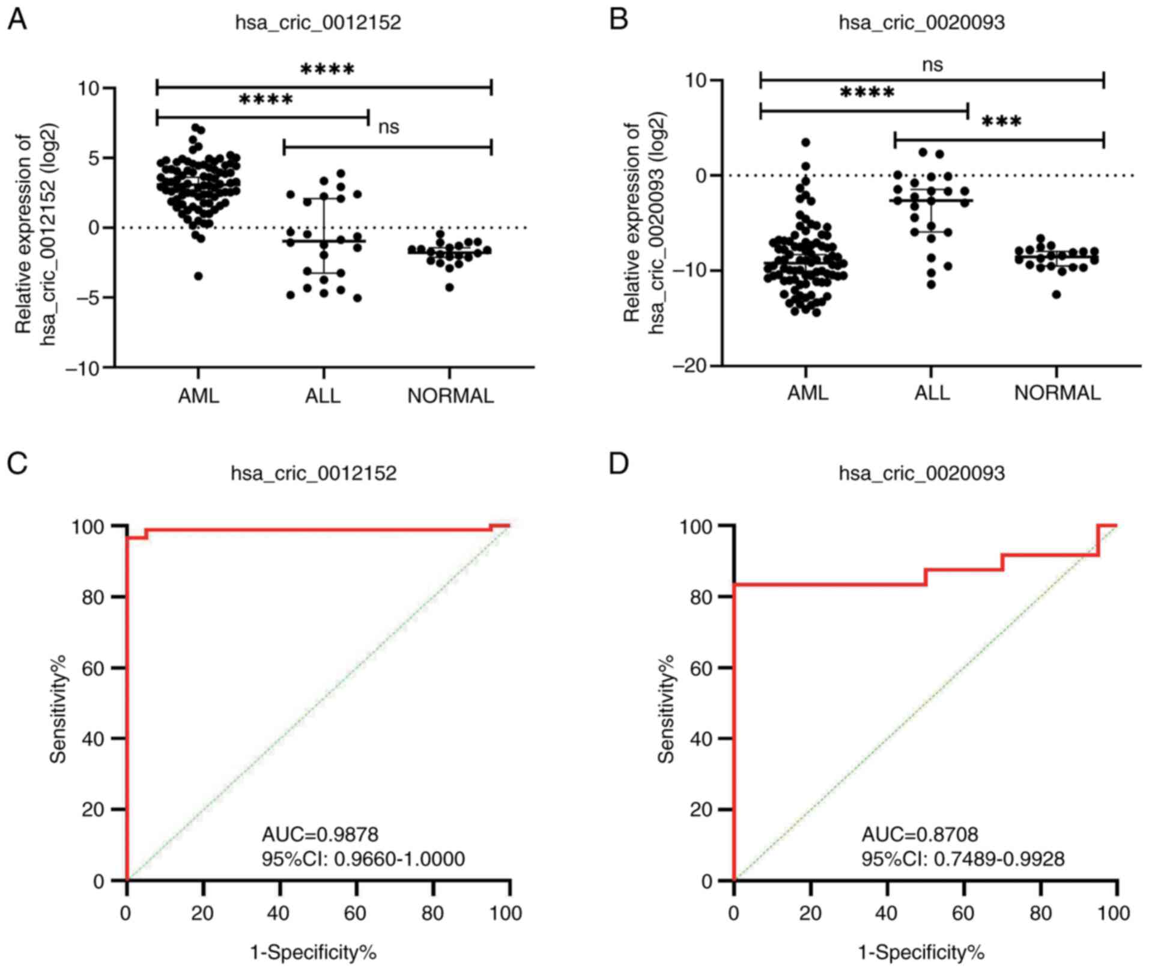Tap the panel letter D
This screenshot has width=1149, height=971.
pyautogui.click(x=619, y=464)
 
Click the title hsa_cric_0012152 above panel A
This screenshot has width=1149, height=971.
pyautogui.click(x=318, y=23)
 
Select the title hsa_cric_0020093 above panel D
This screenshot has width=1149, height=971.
pyautogui.click(x=921, y=473)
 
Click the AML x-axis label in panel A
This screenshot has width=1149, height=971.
pyautogui.click(x=199, y=396)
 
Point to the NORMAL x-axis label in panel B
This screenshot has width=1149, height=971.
pyautogui.click(x=1057, y=393)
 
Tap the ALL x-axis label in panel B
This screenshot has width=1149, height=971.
pyautogui.click(x=932, y=393)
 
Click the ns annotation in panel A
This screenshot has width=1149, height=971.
pyautogui.click(x=389, y=127)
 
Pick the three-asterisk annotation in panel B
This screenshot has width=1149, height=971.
pyautogui.click(x=1001, y=122)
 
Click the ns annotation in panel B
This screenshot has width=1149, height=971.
pyautogui.click(x=932, y=65)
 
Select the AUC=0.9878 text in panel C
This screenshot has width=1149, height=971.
pyautogui.click(x=320, y=834)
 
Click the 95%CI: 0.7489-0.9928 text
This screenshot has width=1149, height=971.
pyautogui.click(x=963, y=859)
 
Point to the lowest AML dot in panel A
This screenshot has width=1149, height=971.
pyautogui.click(x=198, y=276)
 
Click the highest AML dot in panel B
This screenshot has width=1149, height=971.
pyautogui.click(x=805, y=142)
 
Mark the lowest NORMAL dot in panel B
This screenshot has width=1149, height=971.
pyautogui.click(x=1056, y=294)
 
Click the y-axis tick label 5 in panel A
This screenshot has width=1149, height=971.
pyautogui.click(x=92, y=158)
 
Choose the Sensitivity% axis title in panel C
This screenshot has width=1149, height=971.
pyautogui.click(x=58, y=710)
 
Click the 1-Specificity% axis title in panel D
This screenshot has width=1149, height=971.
pyautogui.click(x=921, y=952)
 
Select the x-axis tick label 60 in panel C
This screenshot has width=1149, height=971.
pyautogui.click(x=356, y=913)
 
